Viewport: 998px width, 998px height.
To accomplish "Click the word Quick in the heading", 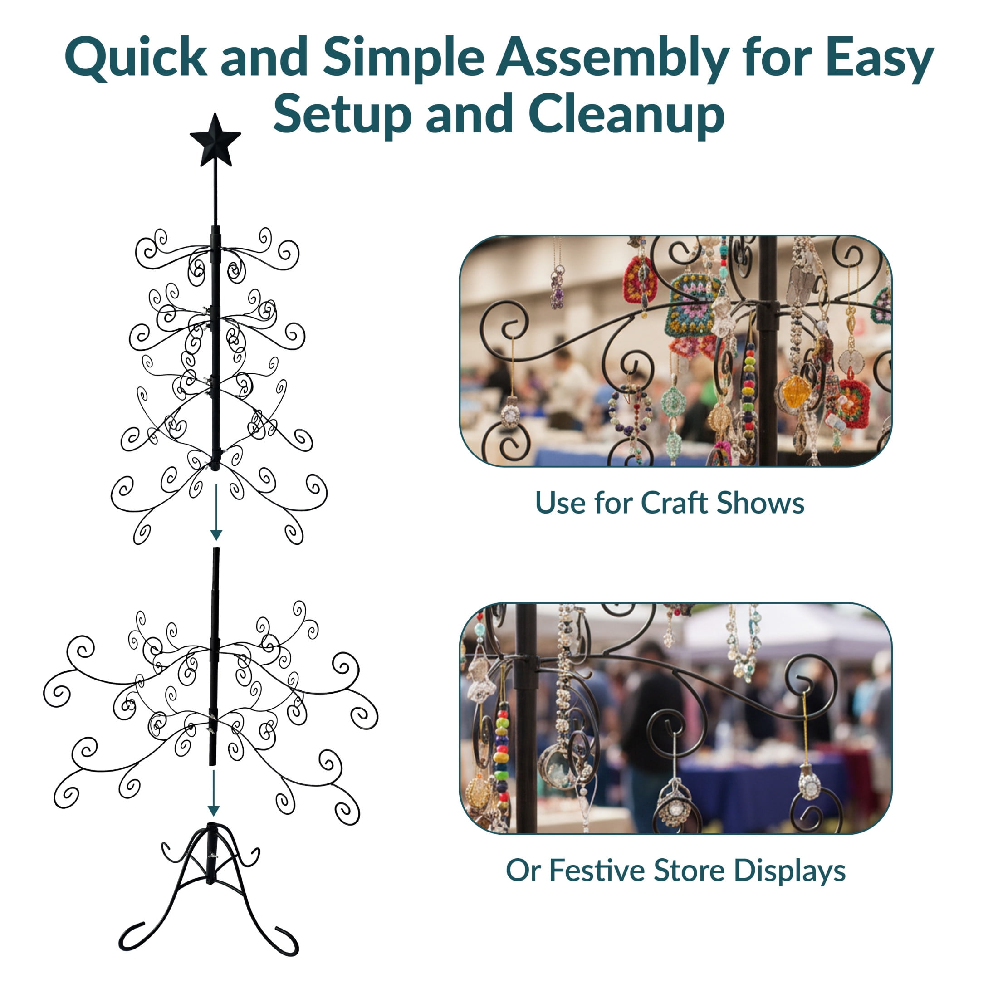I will (x=135, y=58).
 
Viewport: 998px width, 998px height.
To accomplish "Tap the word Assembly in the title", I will (x=612, y=58).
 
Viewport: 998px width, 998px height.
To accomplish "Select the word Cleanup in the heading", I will (x=626, y=114).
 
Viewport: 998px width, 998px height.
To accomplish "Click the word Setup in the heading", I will (x=342, y=114).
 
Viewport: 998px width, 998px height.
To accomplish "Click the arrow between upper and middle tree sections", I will (x=216, y=512).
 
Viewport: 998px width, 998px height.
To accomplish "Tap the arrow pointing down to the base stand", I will (x=213, y=793).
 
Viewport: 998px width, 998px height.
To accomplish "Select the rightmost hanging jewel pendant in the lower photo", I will (x=809, y=785).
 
